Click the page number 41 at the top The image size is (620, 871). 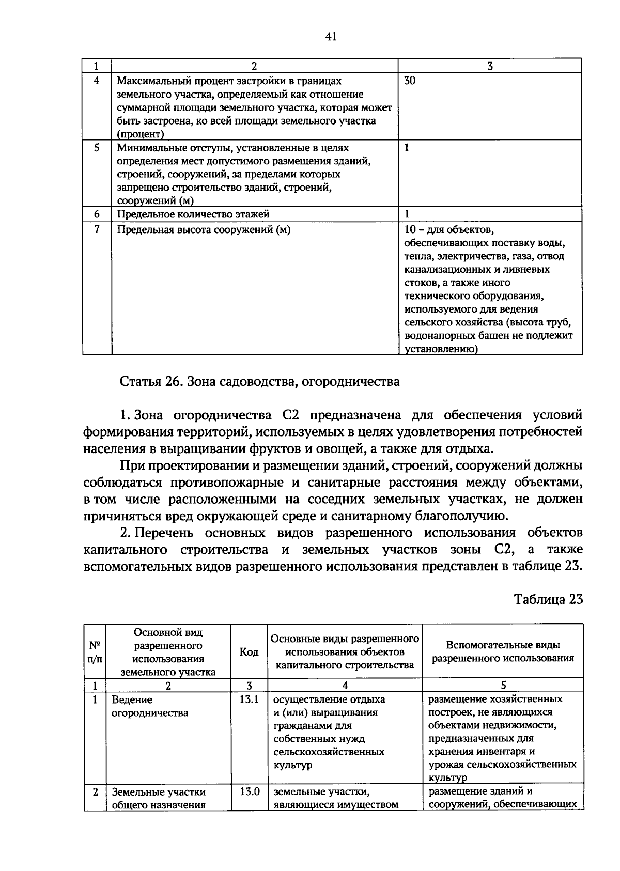click(331, 36)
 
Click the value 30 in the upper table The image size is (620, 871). click(410, 81)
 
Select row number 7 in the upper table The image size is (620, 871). click(97, 229)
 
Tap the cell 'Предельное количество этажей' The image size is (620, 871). click(193, 214)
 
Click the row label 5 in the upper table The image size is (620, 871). click(97, 148)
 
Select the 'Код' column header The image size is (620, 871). click(249, 652)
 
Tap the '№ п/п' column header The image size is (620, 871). click(95, 652)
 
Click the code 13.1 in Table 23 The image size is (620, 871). click(249, 700)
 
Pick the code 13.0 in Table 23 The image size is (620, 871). click(250, 791)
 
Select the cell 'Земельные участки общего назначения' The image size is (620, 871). click(159, 798)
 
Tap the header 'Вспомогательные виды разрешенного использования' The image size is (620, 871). click(503, 651)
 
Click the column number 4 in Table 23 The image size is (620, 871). click(345, 685)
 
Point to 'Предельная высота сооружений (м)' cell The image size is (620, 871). click(204, 230)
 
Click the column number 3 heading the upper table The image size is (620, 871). click(490, 66)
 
